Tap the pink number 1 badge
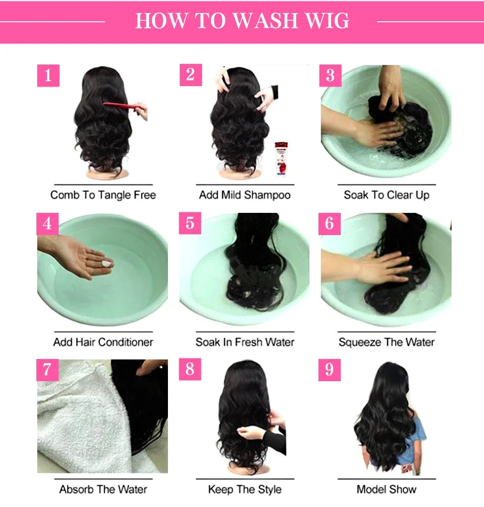point(48,76)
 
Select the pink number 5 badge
point(190,223)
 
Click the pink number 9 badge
point(330,370)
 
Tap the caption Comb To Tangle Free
point(103,195)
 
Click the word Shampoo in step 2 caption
point(267,195)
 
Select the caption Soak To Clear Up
point(386,195)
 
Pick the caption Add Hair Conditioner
point(103,342)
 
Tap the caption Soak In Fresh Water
point(245,342)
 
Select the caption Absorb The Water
point(103,489)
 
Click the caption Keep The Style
point(245,489)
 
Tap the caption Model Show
point(386,489)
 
